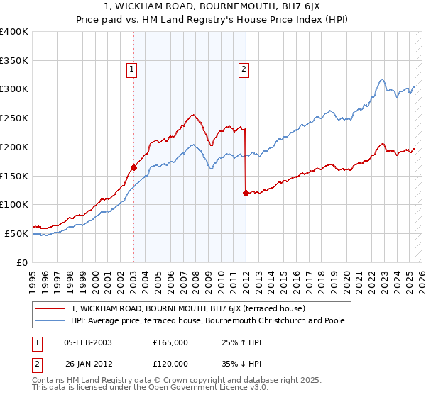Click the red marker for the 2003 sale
(x=133, y=167)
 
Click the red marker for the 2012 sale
(x=246, y=193)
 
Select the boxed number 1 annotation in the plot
(x=132, y=69)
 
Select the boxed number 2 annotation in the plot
(x=244, y=69)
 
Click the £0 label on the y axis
(x=23, y=262)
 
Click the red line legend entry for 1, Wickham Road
(x=187, y=308)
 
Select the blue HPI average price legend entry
(x=207, y=321)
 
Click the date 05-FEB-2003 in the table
(x=88, y=342)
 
